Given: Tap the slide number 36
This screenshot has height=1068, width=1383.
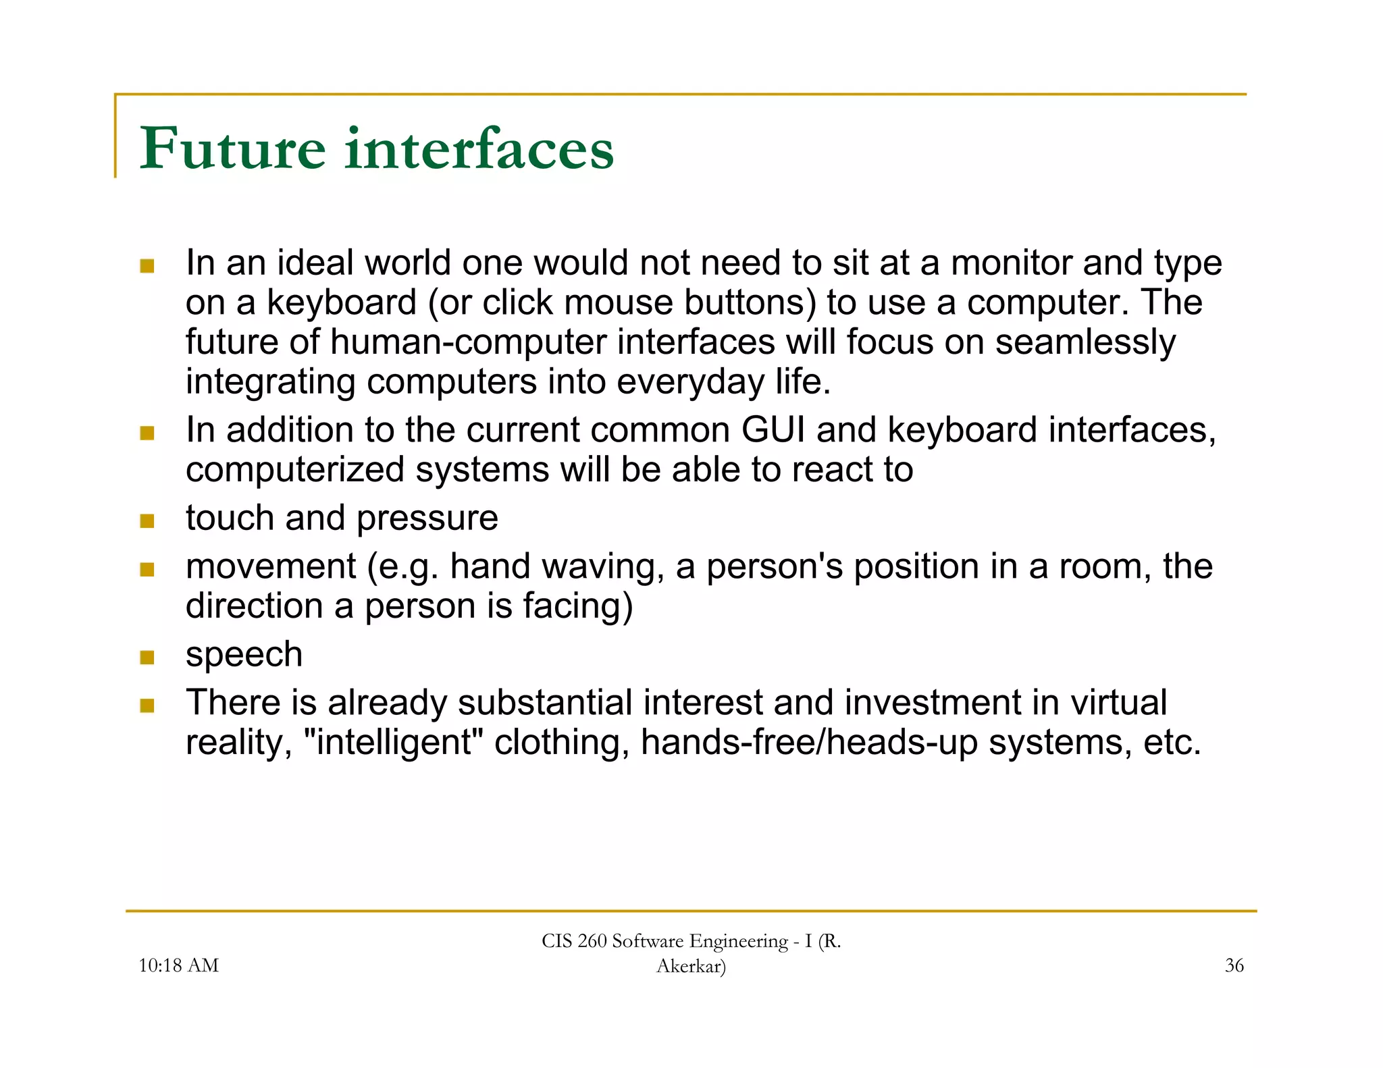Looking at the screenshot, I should (x=1234, y=965).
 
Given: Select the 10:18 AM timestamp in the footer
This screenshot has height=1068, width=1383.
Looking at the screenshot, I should (x=178, y=965).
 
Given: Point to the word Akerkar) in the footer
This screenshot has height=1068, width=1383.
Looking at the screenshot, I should (x=691, y=966).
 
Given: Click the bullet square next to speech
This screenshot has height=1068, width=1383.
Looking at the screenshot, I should (x=147, y=657).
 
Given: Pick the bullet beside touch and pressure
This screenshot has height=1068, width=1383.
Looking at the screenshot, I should (x=147, y=520).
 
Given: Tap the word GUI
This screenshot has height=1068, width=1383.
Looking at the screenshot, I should (x=773, y=430).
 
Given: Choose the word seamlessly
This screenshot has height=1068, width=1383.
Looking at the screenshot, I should (x=1085, y=342).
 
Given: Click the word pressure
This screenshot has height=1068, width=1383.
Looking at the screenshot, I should (x=427, y=518).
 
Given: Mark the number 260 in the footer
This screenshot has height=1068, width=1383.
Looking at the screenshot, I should (x=592, y=941).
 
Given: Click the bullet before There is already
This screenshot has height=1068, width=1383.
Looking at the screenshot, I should (x=147, y=705).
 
